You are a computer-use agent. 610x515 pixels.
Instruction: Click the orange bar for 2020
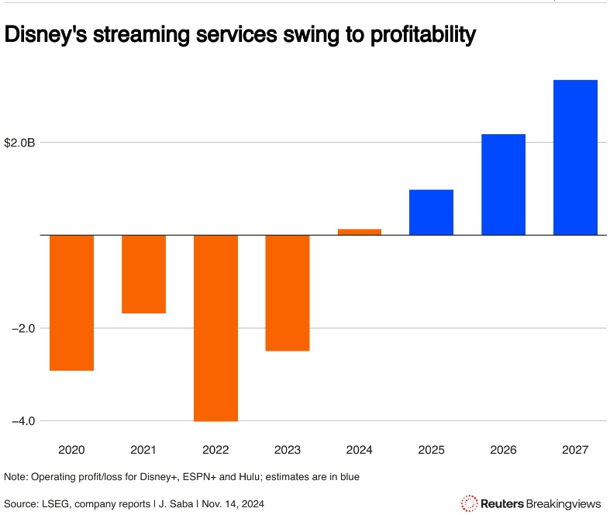coord(72,302)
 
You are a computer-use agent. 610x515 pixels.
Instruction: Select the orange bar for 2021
coord(143,274)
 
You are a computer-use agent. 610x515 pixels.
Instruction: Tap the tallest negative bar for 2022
coord(215,327)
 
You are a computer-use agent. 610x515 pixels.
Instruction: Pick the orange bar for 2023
coord(288,292)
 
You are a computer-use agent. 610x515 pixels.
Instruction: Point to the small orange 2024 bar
coord(360,232)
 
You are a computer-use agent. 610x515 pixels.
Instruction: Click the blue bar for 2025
coord(431,212)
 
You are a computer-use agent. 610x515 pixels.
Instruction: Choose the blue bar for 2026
coord(503,185)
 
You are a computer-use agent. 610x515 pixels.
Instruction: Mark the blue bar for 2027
coord(575,157)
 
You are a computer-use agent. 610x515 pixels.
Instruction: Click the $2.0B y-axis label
coord(20,143)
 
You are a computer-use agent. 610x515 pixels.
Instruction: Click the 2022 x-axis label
coord(215,449)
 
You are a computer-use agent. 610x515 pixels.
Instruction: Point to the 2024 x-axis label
coord(360,449)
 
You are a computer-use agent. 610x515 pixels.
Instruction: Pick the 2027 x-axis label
coord(575,449)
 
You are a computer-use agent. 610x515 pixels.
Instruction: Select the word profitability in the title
coord(415,35)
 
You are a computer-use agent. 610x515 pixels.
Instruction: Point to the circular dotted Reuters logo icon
coord(469,503)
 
